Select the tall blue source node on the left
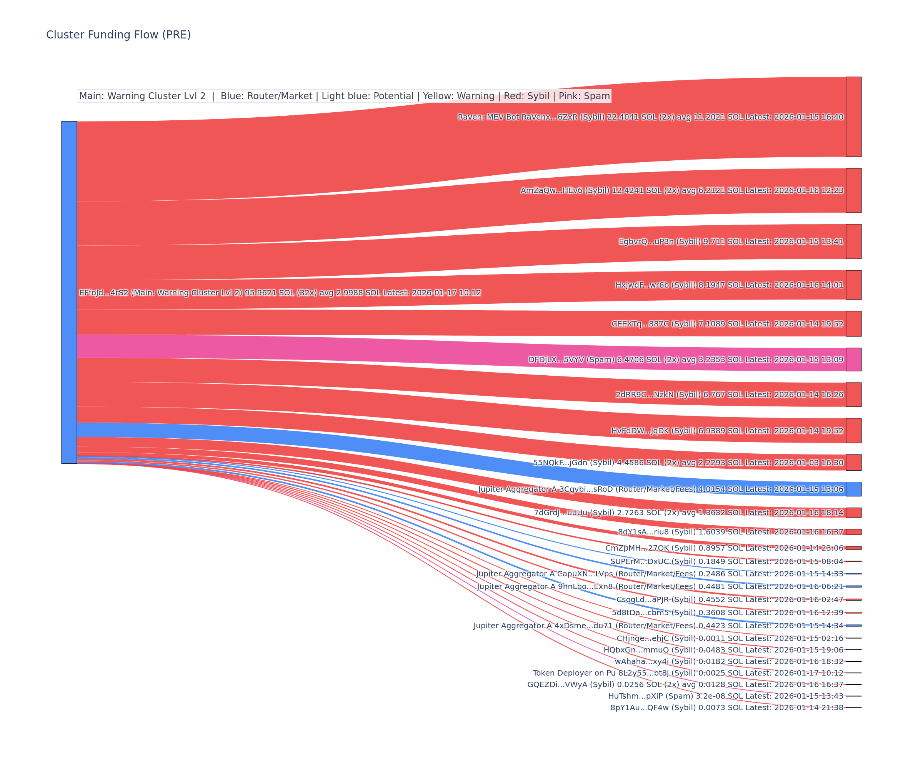[x=69, y=292]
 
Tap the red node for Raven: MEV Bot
[x=853, y=117]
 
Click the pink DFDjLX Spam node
[x=853, y=360]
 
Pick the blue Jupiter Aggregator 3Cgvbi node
[x=853, y=489]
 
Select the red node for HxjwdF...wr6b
[x=853, y=285]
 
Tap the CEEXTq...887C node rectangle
[x=853, y=324]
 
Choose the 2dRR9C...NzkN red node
[x=853, y=394]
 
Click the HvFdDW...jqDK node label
[x=727, y=431]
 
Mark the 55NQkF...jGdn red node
[x=853, y=462]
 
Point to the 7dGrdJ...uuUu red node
[x=853, y=513]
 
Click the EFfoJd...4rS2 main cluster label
[x=280, y=293]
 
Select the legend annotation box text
[x=344, y=96]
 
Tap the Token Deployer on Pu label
[x=688, y=673]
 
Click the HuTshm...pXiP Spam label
[x=726, y=696]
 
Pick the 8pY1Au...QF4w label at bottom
[x=727, y=707]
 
